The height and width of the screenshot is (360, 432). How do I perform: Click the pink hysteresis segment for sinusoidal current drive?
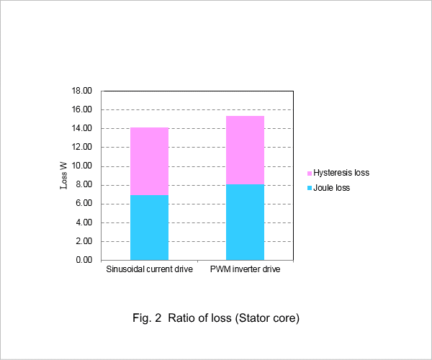[x=149, y=161]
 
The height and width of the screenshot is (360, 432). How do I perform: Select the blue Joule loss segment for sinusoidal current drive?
[x=149, y=228]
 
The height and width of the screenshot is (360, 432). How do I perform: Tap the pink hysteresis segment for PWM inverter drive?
[x=246, y=150]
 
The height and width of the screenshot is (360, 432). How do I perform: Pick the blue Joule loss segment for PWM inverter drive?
[x=246, y=222]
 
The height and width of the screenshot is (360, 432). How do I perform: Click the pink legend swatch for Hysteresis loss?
[x=310, y=174]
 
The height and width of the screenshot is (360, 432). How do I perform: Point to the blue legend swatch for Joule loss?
[x=310, y=188]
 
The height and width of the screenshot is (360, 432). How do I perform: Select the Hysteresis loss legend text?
[x=341, y=173]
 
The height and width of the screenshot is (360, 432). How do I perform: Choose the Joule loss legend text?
[x=332, y=188]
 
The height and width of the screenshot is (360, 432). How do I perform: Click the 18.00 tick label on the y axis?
[x=82, y=91]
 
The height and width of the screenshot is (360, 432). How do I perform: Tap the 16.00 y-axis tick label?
[x=82, y=109]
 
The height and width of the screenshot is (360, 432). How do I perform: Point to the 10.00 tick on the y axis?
[x=82, y=166]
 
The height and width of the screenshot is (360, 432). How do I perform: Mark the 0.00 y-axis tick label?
[x=84, y=260]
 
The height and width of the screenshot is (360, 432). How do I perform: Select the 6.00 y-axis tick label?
[x=84, y=203]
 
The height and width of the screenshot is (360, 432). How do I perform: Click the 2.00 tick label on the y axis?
[x=84, y=241]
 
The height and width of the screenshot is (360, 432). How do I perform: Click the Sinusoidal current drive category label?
[x=150, y=269]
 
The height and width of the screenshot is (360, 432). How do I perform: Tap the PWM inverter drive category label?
[x=246, y=269]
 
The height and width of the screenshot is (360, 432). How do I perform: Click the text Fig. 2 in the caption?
[x=147, y=318]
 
